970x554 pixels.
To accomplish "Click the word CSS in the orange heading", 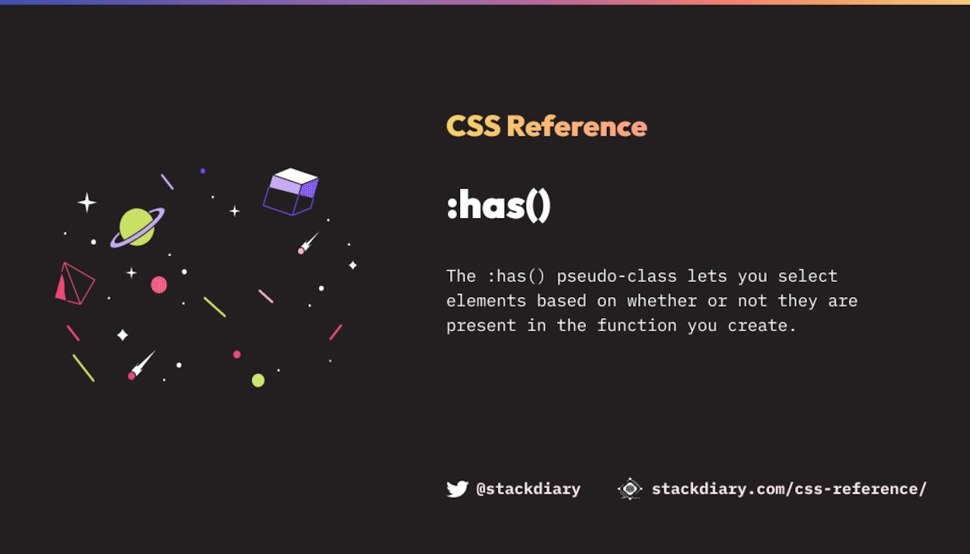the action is click(x=474, y=126).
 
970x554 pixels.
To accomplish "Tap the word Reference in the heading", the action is click(x=577, y=126).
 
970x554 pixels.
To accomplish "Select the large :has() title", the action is click(x=499, y=205).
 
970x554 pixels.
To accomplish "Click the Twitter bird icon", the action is click(x=457, y=489).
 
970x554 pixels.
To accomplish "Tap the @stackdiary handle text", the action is click(x=528, y=489).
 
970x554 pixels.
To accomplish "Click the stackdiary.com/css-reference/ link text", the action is click(x=789, y=489).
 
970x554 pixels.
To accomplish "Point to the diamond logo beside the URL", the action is click(x=630, y=489).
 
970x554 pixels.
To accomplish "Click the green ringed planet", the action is click(x=137, y=227).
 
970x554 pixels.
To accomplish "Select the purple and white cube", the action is click(x=290, y=192).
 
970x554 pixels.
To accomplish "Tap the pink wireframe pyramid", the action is click(x=74, y=283).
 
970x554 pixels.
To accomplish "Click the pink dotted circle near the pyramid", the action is click(x=159, y=285).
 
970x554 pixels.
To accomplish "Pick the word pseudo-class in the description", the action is click(x=617, y=277).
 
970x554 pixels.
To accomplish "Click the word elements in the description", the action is click(x=486, y=301).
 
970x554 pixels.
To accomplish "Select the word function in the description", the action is click(x=637, y=325).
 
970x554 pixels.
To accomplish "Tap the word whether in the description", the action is click(x=662, y=301).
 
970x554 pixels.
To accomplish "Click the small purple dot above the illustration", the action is click(x=202, y=171).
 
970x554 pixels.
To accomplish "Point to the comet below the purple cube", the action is click(x=308, y=243).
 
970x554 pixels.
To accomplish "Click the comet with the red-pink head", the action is click(x=142, y=365).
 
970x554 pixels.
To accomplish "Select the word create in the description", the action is click(x=757, y=325).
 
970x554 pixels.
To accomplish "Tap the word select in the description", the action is click(x=808, y=277).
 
